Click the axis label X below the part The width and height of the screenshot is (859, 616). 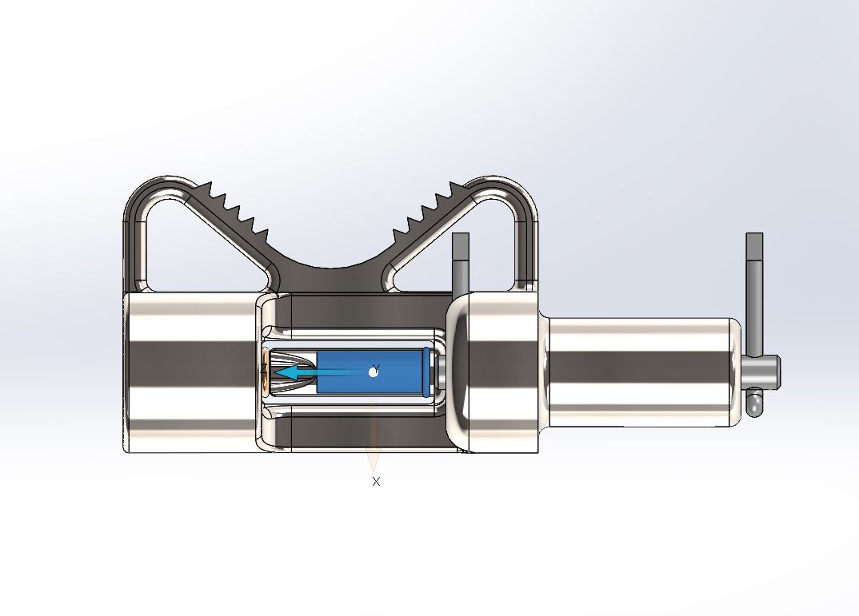(x=376, y=482)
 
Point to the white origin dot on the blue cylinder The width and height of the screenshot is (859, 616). (x=374, y=372)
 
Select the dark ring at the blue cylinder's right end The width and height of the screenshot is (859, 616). (x=427, y=372)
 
